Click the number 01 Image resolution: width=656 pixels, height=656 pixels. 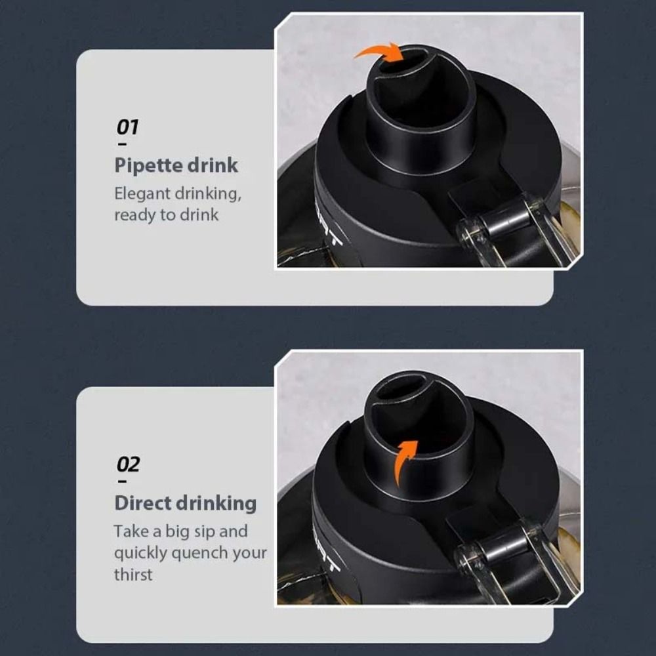point(127,127)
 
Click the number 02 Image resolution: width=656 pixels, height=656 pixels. point(128,464)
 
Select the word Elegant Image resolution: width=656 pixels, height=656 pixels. point(142,194)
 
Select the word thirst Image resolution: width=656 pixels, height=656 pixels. point(133,575)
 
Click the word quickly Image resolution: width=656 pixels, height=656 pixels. point(140,554)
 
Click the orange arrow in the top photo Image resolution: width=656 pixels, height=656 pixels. point(380,51)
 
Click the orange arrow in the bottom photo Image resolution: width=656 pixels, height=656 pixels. point(403,461)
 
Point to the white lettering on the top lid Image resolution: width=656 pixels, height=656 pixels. point(329,226)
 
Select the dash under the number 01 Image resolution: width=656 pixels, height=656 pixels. point(123,144)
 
